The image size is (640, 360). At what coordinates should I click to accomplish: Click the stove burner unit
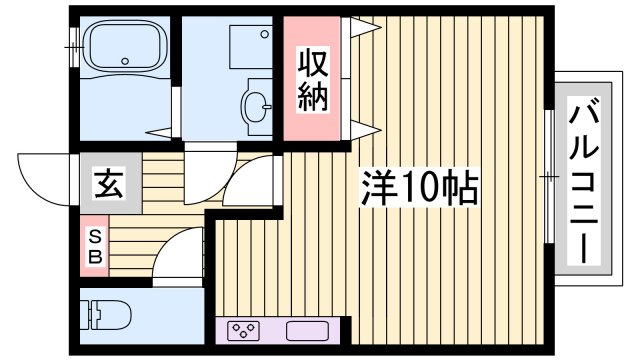244,330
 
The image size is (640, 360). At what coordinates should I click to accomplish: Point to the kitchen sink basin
304,330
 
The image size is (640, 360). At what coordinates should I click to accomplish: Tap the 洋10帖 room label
419,185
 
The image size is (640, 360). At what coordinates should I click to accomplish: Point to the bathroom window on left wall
72,44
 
